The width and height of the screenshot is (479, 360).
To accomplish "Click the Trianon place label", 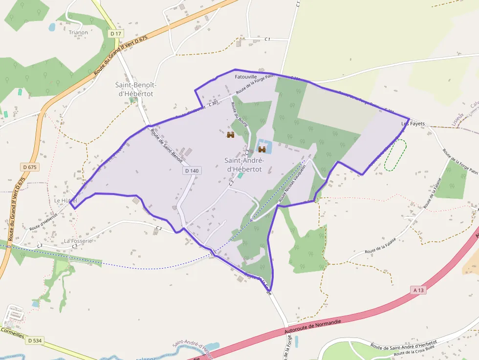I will click(78, 33).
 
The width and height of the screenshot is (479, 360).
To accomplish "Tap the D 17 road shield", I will click(115, 33).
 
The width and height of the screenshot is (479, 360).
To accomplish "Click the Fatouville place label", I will click(246, 77).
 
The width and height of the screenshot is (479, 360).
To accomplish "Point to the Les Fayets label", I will click(413, 124).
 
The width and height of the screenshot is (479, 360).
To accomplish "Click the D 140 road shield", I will click(192, 170).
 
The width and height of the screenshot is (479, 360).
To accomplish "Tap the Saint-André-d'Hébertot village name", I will click(244, 165).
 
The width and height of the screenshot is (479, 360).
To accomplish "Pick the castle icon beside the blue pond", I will click(261, 149).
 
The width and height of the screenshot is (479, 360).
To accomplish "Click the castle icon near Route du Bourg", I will click(231, 135).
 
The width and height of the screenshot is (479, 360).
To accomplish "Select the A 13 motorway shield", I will click(418, 290).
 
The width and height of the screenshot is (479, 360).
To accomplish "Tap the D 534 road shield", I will click(34, 340).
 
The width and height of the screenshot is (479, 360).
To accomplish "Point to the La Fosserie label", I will click(78, 241).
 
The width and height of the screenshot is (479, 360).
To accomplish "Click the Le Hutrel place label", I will click(65, 201).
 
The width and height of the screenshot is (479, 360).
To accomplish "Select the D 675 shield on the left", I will click(30, 167).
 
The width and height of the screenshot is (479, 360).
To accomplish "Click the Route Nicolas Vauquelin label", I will click(292, 183).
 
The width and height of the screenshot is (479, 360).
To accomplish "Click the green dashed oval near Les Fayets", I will click(395, 155).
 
